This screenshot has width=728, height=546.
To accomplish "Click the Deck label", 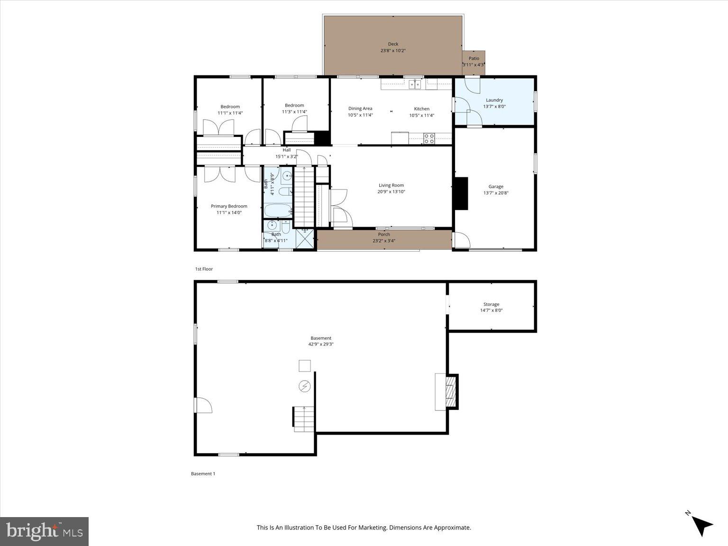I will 393,44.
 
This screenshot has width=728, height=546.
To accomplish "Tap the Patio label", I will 473,58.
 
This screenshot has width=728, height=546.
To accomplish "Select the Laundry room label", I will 494,100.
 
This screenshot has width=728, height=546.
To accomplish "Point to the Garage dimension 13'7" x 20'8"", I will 496,193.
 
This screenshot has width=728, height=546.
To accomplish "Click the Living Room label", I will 391,185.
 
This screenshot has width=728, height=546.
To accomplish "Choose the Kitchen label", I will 421,109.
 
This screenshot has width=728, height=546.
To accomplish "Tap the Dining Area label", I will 360,109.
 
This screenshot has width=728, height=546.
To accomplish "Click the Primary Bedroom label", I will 229,206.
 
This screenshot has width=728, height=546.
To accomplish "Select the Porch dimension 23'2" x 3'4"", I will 384,241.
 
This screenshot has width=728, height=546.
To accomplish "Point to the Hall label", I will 287,150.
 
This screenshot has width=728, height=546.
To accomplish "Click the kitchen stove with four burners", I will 429,138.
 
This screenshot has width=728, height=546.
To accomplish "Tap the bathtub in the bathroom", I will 278,210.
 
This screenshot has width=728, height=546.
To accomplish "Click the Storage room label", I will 491,304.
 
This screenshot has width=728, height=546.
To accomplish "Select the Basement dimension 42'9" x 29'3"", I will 321,345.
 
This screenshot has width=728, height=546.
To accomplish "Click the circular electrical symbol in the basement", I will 304,387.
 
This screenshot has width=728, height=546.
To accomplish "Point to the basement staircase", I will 304,419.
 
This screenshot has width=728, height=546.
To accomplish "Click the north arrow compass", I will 700,523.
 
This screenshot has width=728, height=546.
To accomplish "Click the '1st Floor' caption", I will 204,269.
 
